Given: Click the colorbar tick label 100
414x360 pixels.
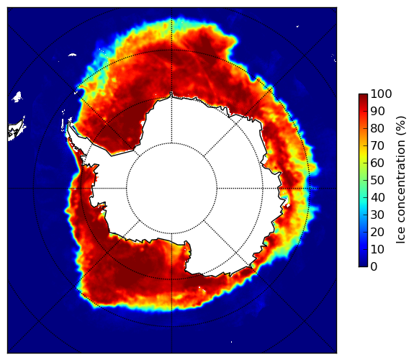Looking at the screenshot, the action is pos(381,94).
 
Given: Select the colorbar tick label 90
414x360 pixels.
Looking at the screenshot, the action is pos(377,111).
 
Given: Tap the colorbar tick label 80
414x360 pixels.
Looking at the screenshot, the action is pos(377,128).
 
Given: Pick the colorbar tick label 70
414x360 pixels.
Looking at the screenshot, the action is pos(377,145).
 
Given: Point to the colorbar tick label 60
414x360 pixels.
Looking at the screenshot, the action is pos(377,163).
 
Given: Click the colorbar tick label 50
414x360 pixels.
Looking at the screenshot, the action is pos(377,181).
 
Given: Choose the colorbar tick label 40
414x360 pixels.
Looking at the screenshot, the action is pos(377,197).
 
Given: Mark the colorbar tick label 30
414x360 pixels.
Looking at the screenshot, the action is pos(377,215).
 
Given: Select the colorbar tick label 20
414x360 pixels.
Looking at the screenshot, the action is pos(377,232).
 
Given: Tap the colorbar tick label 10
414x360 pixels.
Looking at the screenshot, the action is pos(377,249).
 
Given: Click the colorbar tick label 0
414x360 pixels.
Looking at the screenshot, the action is pos(374,267).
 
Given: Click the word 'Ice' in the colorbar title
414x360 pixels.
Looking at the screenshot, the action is pos(401,237).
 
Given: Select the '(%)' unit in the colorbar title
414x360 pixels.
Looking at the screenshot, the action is pos(401,126).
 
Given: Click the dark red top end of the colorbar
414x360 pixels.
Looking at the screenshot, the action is pos(363,95).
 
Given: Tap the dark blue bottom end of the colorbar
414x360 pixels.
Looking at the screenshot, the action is pos(363,265).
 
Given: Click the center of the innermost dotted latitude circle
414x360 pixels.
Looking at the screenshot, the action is pos(171,189).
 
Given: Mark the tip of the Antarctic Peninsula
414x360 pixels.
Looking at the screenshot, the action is pos(70,122).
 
